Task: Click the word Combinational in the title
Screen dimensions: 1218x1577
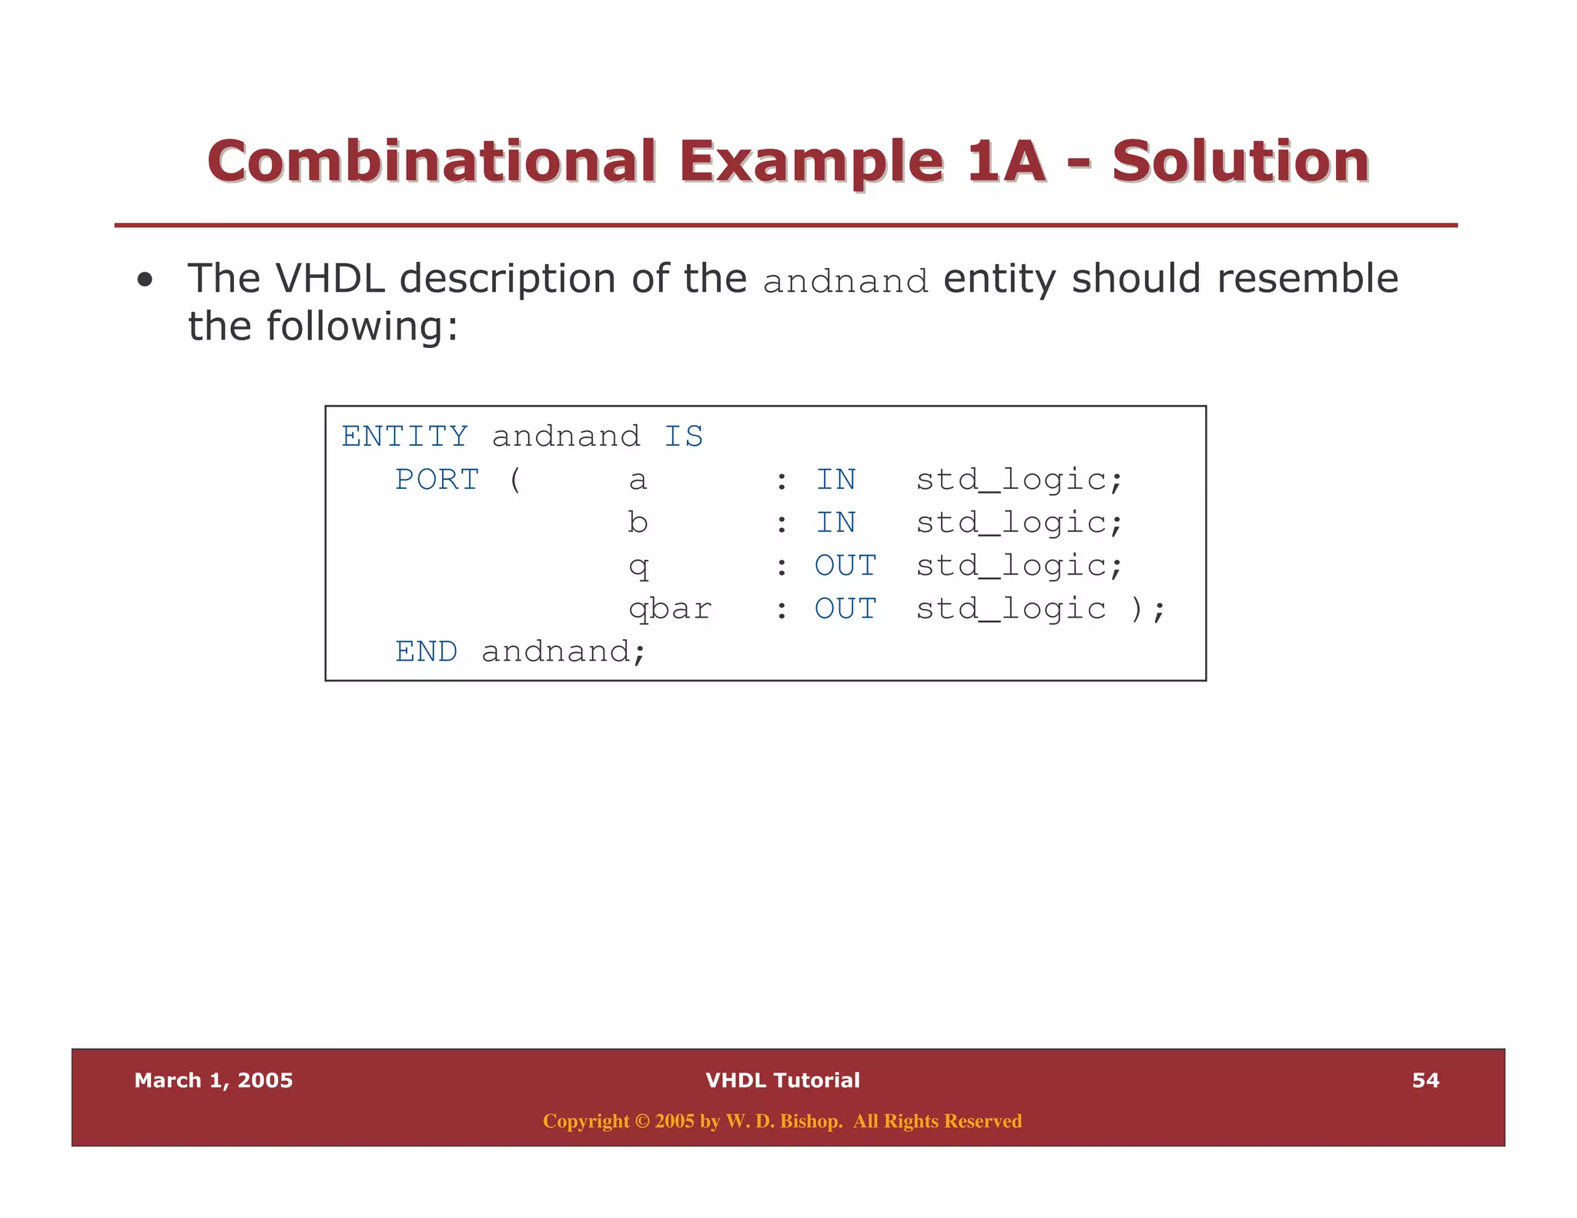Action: (431, 162)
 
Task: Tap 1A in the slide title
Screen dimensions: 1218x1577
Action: (1005, 162)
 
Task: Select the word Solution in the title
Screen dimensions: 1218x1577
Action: (1240, 162)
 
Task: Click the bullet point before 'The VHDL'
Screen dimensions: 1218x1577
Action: (145, 280)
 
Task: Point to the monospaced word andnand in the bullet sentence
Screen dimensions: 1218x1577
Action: (845, 282)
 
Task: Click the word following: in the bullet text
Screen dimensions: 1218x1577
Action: (362, 326)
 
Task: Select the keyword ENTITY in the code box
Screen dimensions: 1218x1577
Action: (404, 437)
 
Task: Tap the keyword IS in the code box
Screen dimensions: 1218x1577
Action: (683, 437)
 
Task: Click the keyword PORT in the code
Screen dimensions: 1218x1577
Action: (437, 480)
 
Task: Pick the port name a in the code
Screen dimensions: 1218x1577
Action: (638, 480)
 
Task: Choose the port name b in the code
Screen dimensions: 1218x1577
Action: (638, 523)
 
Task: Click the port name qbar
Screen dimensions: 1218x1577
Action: (670, 609)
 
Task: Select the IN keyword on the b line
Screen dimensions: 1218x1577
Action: (835, 523)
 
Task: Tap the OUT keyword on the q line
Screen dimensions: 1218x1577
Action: (845, 566)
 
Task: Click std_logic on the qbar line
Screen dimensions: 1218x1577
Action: (1010, 609)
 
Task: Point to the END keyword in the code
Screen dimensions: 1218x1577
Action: (426, 652)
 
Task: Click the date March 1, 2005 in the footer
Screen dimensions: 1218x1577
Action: (213, 1080)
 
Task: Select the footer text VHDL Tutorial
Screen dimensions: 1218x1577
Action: (782, 1080)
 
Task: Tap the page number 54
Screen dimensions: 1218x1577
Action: (1425, 1080)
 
